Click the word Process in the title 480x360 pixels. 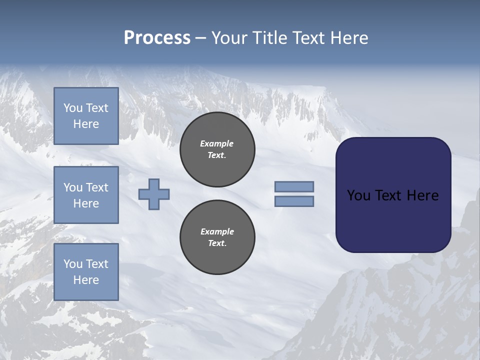pyautogui.click(x=157, y=38)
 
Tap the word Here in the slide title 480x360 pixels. pyautogui.click(x=349, y=38)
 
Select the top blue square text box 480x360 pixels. pyautogui.click(x=86, y=116)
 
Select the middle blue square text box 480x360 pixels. pyautogui.click(x=86, y=195)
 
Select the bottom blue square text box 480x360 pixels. pyautogui.click(x=86, y=272)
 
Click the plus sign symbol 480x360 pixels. pyautogui.click(x=154, y=194)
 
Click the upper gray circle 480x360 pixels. pyautogui.click(x=217, y=149)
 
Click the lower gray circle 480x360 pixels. pyautogui.click(x=217, y=237)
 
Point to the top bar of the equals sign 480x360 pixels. pyautogui.click(x=294, y=186)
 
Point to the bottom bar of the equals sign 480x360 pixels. pyautogui.click(x=294, y=201)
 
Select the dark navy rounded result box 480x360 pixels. pyautogui.click(x=393, y=195)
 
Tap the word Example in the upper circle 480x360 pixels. pyautogui.click(x=216, y=143)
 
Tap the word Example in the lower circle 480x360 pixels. pyautogui.click(x=217, y=231)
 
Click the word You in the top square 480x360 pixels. pyautogui.click(x=72, y=108)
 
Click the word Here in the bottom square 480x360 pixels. pyautogui.click(x=86, y=280)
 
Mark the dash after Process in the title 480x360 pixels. pyautogui.click(x=200, y=38)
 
